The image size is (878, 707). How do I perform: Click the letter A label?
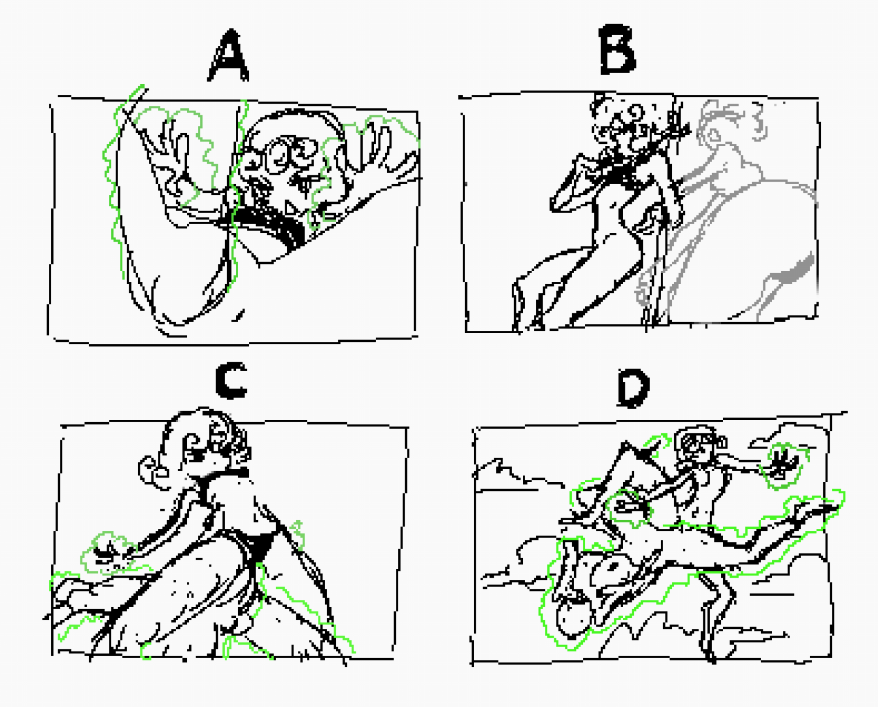tap(228, 55)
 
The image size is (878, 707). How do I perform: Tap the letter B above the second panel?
tap(617, 50)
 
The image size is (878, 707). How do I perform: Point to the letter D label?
tap(633, 388)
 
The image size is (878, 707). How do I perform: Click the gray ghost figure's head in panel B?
tap(730, 122)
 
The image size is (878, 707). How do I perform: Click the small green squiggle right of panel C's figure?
tap(298, 535)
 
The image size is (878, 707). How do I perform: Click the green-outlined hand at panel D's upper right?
tap(781, 465)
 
